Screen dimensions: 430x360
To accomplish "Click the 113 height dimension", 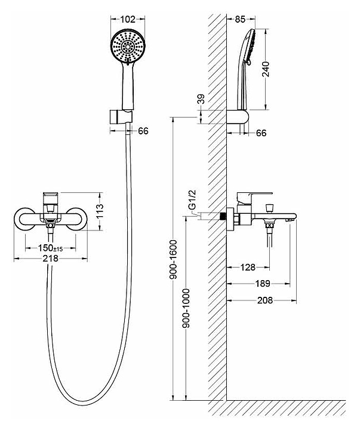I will (x=100, y=210).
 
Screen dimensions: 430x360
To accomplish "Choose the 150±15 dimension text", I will (x=51, y=248).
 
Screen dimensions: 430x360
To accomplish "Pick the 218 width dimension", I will (x=51, y=259).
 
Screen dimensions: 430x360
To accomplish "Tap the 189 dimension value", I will (x=261, y=284).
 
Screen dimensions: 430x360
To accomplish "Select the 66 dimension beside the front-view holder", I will (x=144, y=131).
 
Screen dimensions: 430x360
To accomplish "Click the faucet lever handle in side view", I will (x=254, y=196).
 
